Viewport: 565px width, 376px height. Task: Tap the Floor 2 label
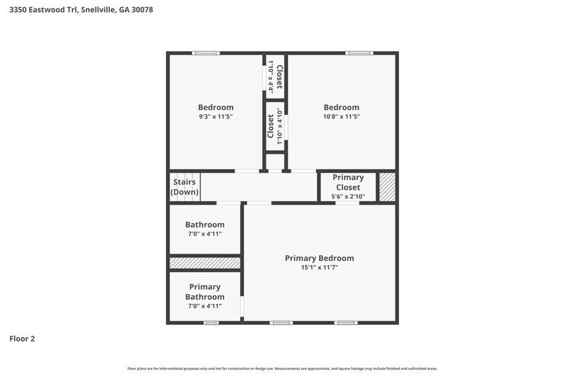22,338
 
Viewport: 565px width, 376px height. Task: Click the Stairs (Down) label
184,187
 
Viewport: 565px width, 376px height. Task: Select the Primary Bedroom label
319,258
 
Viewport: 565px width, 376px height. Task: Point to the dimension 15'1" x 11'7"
319,268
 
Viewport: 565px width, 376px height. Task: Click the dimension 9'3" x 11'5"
215,117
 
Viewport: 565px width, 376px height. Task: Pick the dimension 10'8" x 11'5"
341,117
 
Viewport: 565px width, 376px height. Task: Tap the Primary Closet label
348,182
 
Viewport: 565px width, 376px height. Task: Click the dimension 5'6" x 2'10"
348,196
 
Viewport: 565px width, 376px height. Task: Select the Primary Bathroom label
205,292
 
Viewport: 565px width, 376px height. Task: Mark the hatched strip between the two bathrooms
205,263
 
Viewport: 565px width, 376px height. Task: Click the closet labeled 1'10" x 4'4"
275,77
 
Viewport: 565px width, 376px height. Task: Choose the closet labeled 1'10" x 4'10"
275,127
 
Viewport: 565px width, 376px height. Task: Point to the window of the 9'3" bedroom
206,53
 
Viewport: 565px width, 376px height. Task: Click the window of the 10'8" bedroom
359,53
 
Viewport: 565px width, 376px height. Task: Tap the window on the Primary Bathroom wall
211,323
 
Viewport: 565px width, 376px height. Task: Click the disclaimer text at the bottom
282,369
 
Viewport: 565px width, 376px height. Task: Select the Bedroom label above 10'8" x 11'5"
341,107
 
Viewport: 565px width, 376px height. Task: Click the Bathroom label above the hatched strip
205,224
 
